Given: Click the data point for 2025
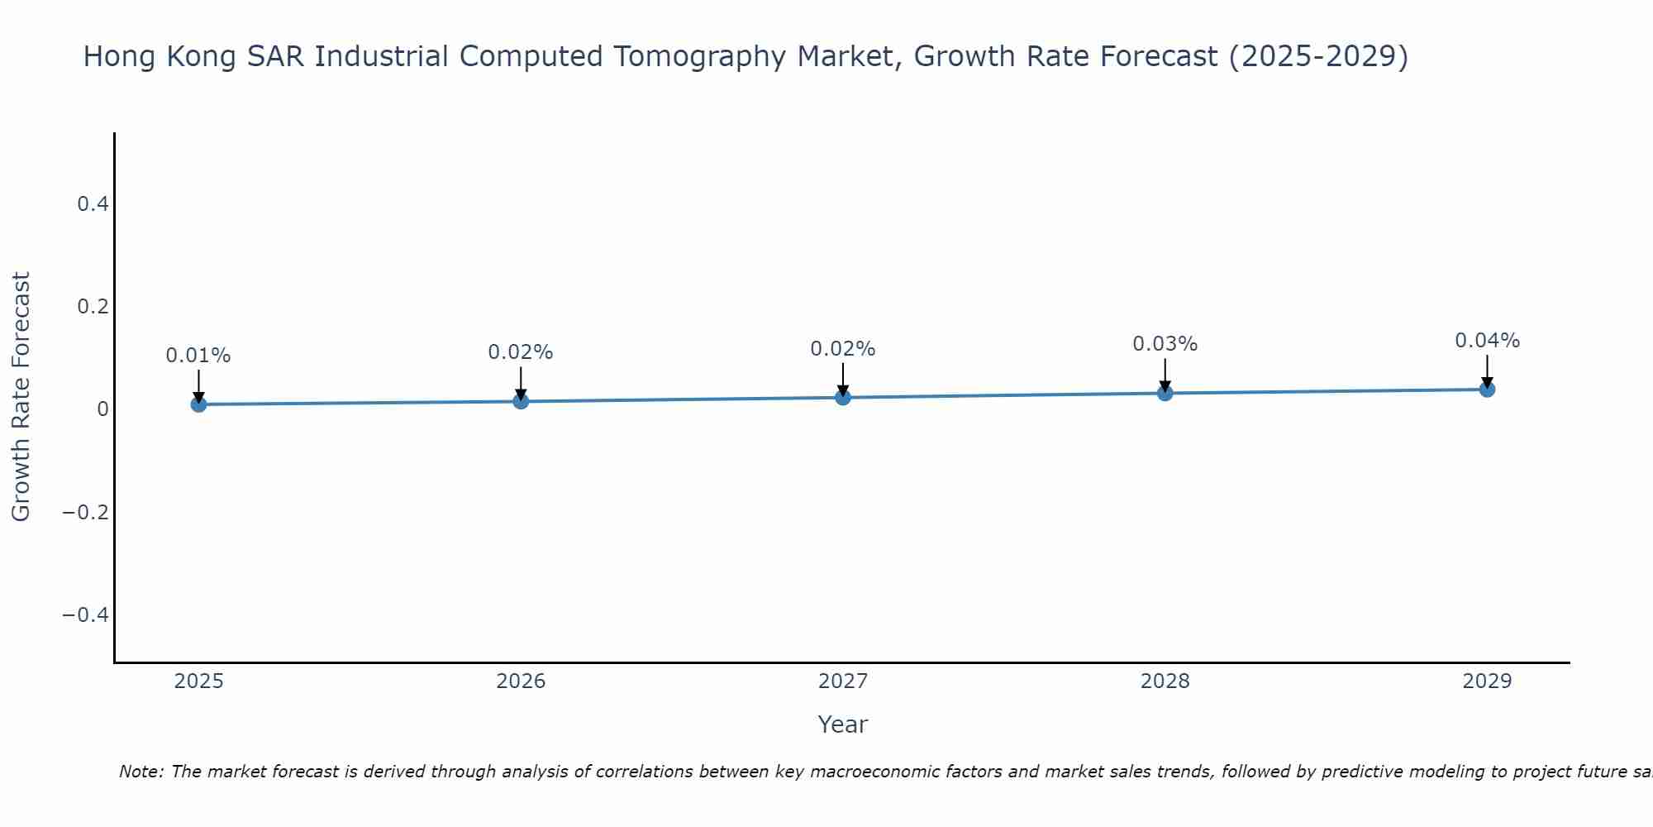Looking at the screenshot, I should [198, 404].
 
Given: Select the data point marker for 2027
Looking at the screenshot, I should [842, 397].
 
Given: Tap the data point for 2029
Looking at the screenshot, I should [1487, 389].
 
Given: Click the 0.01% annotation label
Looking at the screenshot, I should [198, 356].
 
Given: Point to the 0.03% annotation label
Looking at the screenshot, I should [1165, 344].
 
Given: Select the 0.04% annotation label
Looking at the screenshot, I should [1487, 341].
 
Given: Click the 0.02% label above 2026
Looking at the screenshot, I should [520, 352].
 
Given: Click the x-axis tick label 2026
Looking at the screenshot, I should [521, 681].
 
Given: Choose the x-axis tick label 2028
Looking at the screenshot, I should [1165, 681].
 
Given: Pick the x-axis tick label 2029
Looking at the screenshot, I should [1487, 681].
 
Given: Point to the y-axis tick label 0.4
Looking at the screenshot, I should [93, 203].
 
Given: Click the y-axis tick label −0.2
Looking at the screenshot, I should [85, 512].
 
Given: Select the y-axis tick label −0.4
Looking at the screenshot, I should [85, 614].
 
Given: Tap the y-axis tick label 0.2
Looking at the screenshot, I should [93, 306].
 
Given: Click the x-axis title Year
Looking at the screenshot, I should [842, 724].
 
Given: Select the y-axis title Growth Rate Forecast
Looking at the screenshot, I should [21, 397].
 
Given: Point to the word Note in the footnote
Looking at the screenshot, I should [141, 772].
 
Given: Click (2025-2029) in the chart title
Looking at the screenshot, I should [1318, 56].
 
